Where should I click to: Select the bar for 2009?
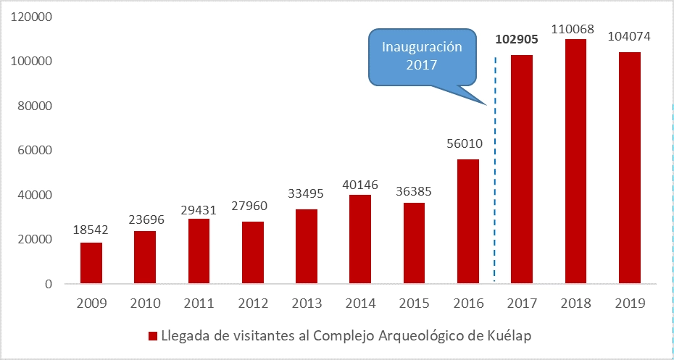tap(91, 263)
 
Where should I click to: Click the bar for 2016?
tap(468, 222)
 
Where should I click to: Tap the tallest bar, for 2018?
tap(575, 161)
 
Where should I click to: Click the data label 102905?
tap(521, 40)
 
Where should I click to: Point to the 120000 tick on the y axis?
tap(33, 17)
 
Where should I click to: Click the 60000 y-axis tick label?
tap(36, 151)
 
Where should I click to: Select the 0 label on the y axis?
tap(49, 285)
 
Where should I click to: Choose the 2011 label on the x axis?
tap(199, 304)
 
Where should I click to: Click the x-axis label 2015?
tap(414, 304)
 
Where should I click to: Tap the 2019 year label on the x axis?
tap(630, 304)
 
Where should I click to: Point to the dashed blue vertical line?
tap(495, 181)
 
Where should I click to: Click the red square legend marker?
tap(153, 336)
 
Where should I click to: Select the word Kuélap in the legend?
tap(513, 336)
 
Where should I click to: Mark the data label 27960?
tap(253, 206)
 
